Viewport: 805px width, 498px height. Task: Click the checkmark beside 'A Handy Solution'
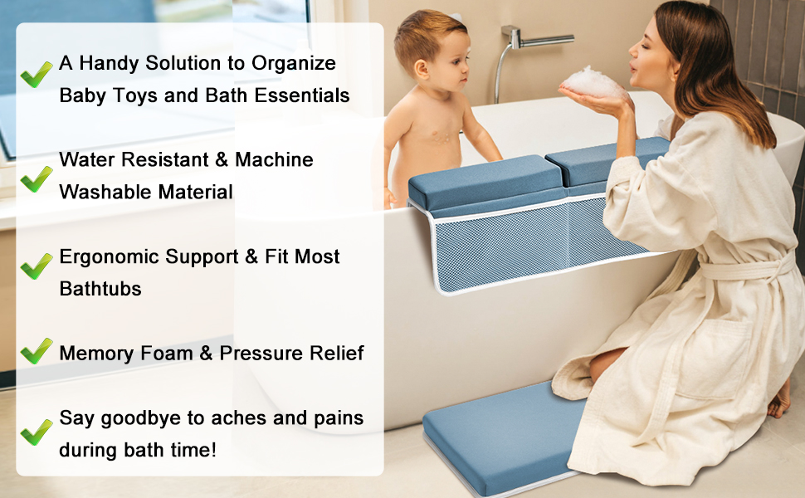37,75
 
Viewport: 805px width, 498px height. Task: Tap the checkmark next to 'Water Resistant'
37,178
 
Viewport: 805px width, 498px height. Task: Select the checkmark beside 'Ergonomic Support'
37,266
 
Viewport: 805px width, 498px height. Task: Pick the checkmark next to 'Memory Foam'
37,351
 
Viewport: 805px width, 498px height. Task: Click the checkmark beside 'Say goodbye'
37,431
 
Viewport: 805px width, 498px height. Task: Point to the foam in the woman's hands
591,81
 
